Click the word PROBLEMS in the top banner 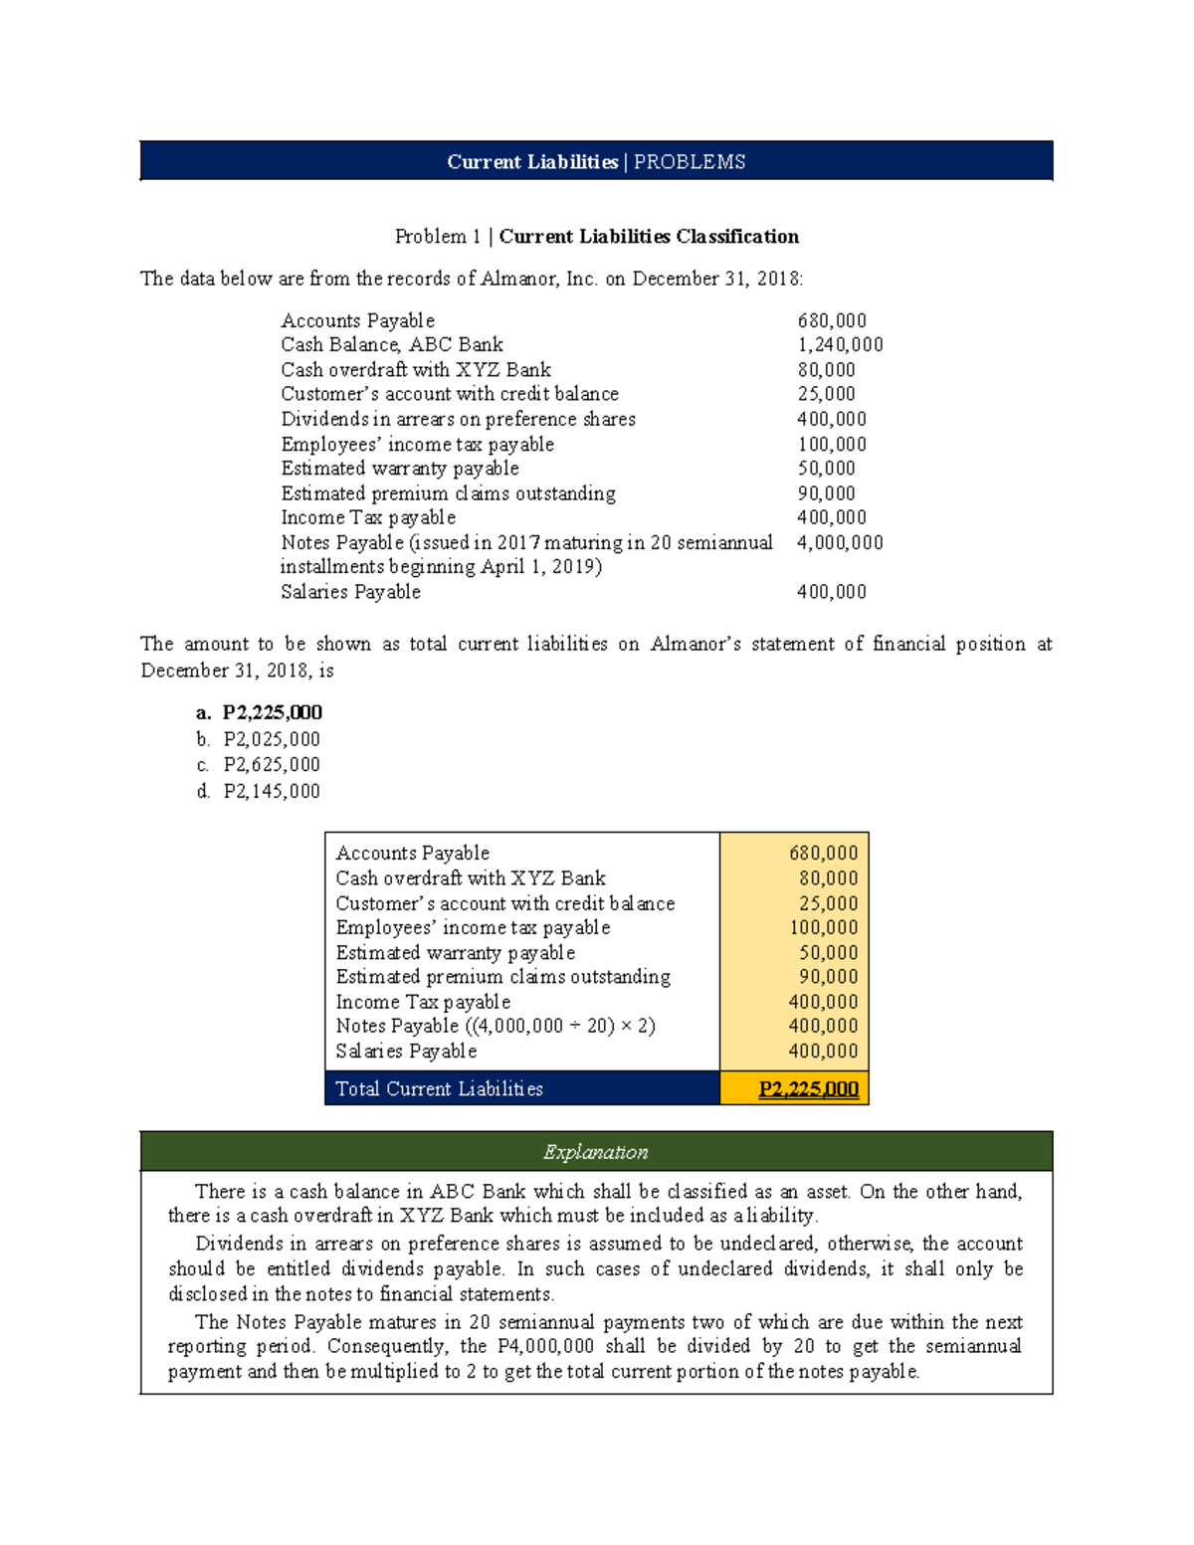tap(690, 162)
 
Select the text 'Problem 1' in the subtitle tap(437, 237)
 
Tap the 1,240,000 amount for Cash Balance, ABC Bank tap(840, 345)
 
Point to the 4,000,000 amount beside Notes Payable tap(840, 542)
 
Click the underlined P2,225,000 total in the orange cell tap(808, 1089)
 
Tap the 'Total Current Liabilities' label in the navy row tap(439, 1089)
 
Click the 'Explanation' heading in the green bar tap(595, 1152)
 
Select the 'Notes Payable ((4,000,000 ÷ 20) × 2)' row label tap(496, 1026)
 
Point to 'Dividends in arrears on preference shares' tap(458, 419)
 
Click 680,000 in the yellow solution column tap(823, 853)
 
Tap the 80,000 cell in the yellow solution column tap(828, 878)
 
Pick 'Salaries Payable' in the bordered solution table tap(406, 1052)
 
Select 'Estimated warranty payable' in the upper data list tap(400, 469)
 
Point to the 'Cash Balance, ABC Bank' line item tap(392, 345)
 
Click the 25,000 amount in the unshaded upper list tap(826, 394)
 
